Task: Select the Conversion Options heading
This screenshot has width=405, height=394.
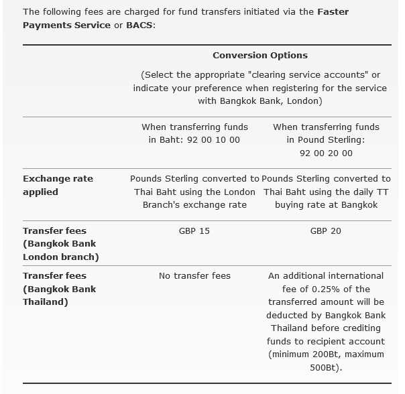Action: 260,55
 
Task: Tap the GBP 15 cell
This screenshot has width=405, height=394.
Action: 194,231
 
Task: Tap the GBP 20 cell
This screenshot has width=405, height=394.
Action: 326,231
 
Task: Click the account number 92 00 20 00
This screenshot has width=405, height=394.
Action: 326,153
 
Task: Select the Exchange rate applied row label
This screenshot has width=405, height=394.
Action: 58,185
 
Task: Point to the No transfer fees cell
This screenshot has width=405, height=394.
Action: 194,275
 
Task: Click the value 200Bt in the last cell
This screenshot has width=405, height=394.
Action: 332,354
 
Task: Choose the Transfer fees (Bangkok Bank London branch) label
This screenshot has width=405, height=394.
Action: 60,244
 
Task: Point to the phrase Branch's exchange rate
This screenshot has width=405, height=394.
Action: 194,205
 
